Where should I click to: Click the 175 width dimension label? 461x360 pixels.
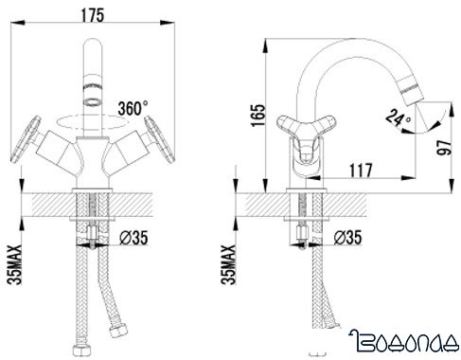(x=92, y=15)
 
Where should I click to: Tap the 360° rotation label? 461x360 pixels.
(x=133, y=109)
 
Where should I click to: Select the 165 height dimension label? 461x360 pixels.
(x=258, y=115)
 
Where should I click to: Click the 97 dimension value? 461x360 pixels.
(x=444, y=148)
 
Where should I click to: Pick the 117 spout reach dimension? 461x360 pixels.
(x=361, y=171)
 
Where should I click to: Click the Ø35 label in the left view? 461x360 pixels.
(x=133, y=238)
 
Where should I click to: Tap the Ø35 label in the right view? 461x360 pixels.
(x=347, y=237)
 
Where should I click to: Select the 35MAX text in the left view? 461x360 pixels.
(x=14, y=264)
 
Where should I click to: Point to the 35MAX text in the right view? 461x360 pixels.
(x=228, y=264)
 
